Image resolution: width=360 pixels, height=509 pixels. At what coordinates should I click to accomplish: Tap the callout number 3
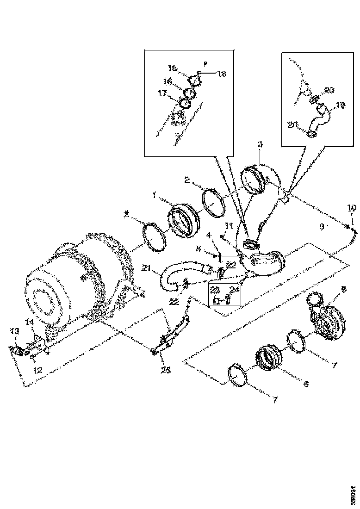[260, 145]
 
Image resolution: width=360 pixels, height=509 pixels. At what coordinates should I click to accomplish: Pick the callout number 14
[29, 323]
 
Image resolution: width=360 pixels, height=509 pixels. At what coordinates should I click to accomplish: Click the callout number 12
[37, 370]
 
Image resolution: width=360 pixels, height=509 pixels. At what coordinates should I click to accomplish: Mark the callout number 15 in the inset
[172, 68]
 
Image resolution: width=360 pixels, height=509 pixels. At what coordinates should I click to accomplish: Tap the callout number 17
[162, 93]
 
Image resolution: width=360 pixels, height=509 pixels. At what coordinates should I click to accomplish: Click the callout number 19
[341, 105]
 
